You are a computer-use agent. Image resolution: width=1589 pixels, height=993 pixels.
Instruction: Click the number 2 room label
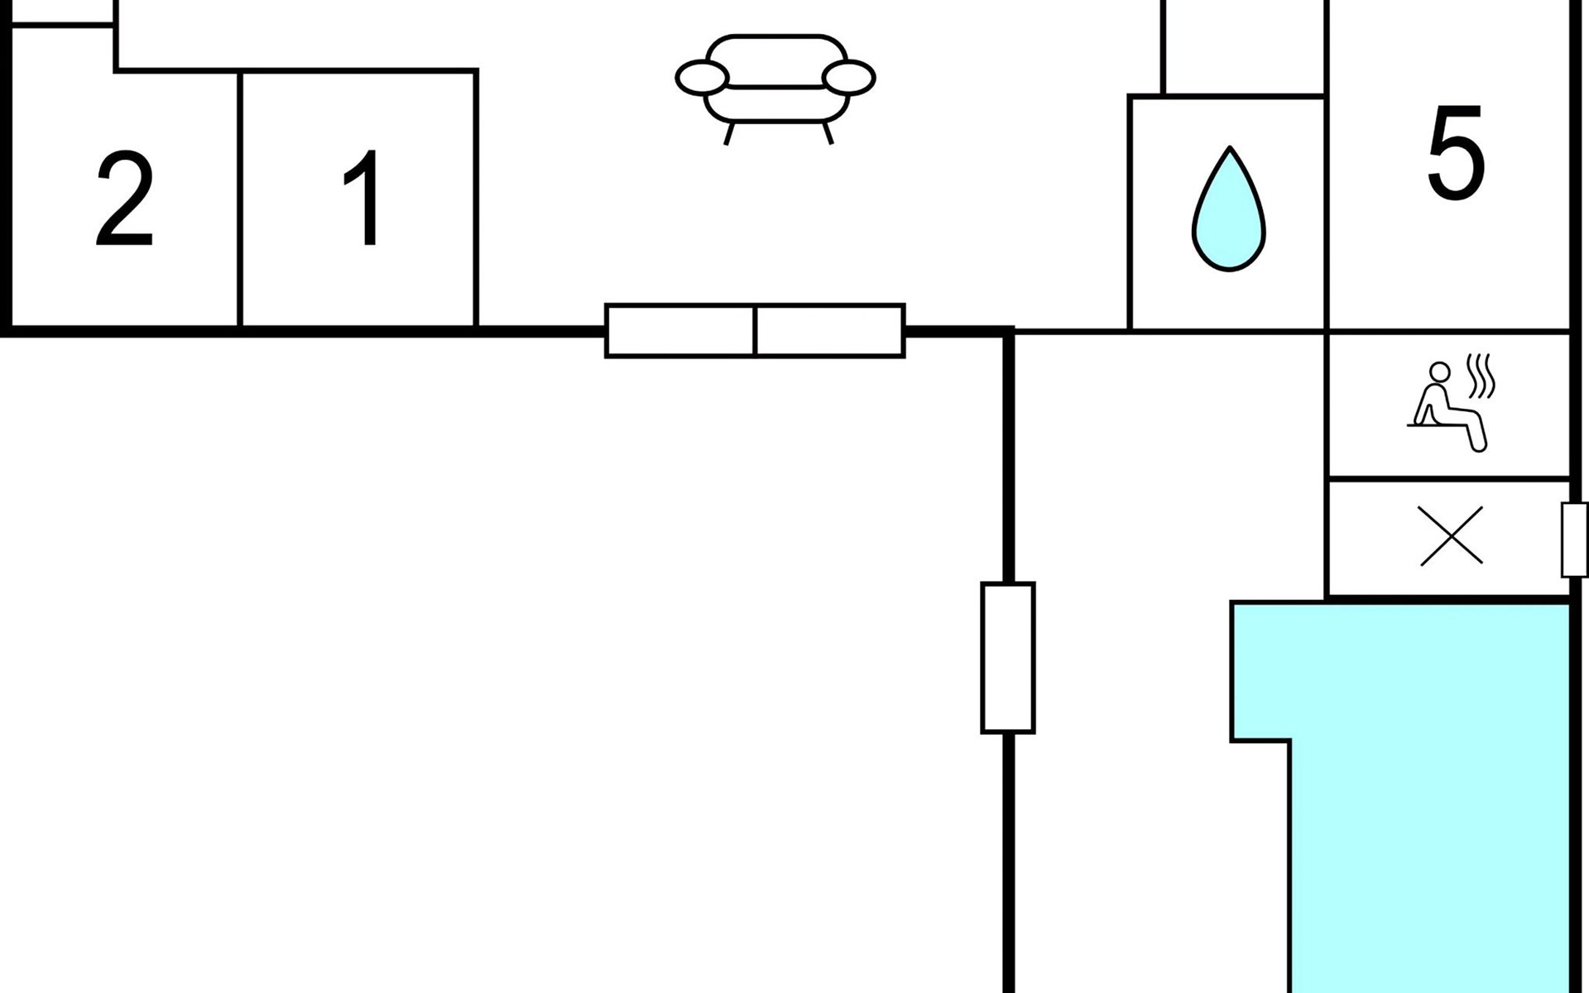point(124,199)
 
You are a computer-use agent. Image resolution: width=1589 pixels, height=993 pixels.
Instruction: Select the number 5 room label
point(1456,152)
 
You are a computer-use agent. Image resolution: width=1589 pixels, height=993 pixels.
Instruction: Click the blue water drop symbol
point(1229,209)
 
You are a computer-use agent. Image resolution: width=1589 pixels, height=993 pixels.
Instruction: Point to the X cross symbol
point(1451,535)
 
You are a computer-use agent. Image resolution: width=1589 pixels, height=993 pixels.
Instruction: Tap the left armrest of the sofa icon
point(702,78)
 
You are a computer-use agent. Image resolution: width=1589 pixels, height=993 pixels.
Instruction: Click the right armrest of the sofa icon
point(848,78)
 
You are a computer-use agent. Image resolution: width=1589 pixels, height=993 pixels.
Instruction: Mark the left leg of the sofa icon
point(729,134)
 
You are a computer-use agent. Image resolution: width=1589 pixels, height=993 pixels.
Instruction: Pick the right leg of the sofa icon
point(828,133)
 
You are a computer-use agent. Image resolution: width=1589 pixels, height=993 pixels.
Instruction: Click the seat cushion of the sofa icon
point(775,104)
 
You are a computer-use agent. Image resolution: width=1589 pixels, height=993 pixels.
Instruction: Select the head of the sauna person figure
point(1440,372)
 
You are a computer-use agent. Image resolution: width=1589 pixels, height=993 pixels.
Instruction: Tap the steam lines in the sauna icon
point(1481,376)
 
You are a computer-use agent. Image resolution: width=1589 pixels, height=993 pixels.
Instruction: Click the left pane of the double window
point(680,331)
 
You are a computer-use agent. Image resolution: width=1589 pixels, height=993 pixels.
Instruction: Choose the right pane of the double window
point(830,331)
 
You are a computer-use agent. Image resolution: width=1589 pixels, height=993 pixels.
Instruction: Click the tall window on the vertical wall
point(1008,658)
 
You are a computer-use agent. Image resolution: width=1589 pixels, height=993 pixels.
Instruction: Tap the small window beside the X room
point(1574,540)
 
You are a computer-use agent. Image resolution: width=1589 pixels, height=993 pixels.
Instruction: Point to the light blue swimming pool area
point(1430,794)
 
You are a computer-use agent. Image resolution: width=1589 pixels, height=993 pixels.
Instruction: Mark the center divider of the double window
point(756,331)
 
